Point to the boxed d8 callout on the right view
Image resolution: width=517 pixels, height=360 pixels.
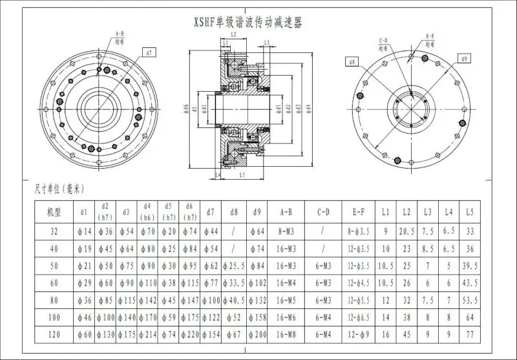tap(352, 62)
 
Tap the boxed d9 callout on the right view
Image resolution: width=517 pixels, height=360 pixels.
tap(465, 59)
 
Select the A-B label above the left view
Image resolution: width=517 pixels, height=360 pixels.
tap(120, 33)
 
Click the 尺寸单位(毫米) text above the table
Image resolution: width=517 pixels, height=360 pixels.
tap(59, 189)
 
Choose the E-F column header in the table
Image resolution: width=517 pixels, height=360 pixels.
tap(359, 211)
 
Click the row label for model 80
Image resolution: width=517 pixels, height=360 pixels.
tap(54, 300)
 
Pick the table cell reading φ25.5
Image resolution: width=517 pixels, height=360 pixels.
tap(234, 266)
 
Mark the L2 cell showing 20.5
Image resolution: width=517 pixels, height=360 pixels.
tap(406, 230)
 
